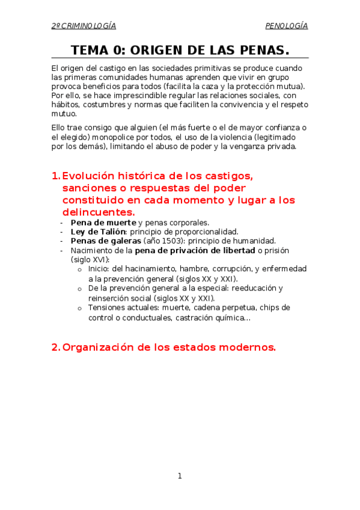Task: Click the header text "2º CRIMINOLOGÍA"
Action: point(84,26)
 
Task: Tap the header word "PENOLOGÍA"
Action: point(287,26)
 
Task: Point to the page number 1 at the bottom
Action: point(180,476)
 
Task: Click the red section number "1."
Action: point(56,176)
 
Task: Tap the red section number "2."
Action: point(56,347)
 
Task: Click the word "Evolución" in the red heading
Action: point(91,176)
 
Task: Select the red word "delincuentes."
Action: point(99,212)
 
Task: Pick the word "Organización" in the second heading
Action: point(99,347)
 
